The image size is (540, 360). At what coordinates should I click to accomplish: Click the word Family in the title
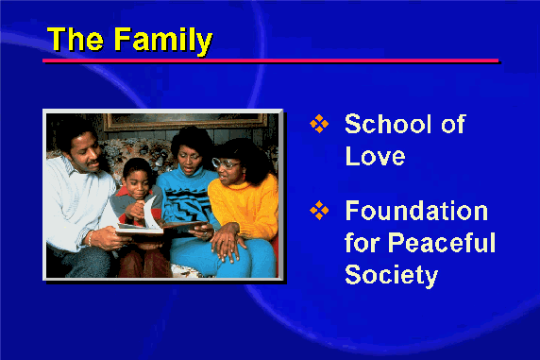coord(163,42)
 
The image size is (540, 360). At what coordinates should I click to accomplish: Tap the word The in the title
coord(76,39)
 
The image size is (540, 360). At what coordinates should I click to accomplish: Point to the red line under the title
coord(270,60)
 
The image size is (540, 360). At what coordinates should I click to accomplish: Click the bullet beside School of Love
coord(319,124)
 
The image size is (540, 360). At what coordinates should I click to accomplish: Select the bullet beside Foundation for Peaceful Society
coord(319,210)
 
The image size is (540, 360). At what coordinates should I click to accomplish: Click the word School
coord(388,124)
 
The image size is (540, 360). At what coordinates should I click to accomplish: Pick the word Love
coord(375,156)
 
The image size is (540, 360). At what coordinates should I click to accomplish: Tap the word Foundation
coord(416,211)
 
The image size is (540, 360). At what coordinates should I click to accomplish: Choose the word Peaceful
coord(442,243)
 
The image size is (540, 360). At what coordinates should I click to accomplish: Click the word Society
coord(391,276)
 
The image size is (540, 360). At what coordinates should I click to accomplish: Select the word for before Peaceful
coord(363,243)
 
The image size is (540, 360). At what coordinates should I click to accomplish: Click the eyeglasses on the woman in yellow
coord(225,163)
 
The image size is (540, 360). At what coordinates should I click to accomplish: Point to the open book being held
coord(160,224)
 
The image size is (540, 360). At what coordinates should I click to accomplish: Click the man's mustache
coord(93,162)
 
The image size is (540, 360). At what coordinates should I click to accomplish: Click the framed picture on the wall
coord(185,122)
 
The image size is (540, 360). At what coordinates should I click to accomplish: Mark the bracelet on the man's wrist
coord(91,238)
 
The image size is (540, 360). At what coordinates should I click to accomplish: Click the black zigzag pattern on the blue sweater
coord(186,204)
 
